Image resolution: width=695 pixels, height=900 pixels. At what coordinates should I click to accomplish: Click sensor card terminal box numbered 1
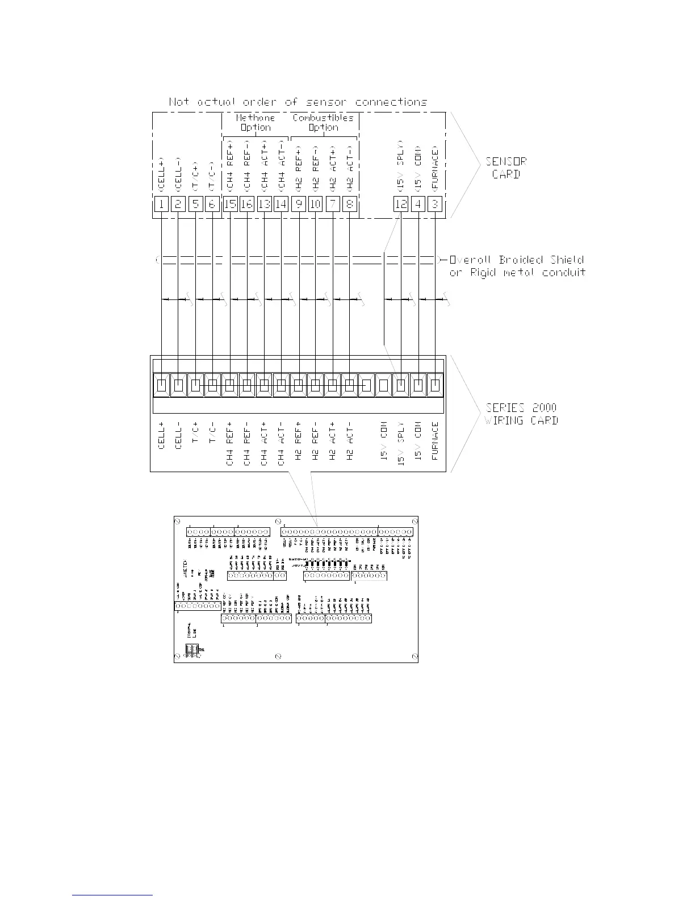[x=162, y=203]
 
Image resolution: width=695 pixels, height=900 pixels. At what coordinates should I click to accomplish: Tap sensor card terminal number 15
[x=230, y=203]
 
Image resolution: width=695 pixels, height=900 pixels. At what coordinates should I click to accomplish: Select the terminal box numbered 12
[x=401, y=203]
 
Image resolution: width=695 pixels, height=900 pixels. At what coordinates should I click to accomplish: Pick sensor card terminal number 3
[x=435, y=203]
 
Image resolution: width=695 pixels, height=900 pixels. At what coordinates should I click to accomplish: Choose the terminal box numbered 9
[x=299, y=203]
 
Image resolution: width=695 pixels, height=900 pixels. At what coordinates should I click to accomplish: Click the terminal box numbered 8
[x=350, y=203]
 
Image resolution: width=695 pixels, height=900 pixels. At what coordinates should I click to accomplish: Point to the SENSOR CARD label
[x=505, y=168]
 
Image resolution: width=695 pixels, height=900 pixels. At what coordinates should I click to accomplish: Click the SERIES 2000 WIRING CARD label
[x=521, y=414]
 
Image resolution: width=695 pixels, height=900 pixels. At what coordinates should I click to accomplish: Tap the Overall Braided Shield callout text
[x=517, y=266]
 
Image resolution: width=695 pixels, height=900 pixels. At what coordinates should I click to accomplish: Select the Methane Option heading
[x=256, y=122]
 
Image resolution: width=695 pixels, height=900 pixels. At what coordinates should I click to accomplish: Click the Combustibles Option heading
[x=323, y=122]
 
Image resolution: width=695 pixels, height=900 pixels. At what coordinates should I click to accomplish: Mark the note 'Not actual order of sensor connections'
[x=298, y=102]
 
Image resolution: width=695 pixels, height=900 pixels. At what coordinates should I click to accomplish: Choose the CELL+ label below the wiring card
[x=162, y=436]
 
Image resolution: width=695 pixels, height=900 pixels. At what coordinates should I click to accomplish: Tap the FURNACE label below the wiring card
[x=435, y=440]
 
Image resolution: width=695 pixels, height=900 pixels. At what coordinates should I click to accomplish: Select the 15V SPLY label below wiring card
[x=401, y=444]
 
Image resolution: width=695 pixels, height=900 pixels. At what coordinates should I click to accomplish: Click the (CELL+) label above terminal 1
[x=162, y=174]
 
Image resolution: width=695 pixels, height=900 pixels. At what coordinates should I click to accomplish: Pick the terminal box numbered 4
[x=418, y=203]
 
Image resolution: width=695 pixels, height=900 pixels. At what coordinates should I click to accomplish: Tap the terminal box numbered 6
[x=212, y=203]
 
